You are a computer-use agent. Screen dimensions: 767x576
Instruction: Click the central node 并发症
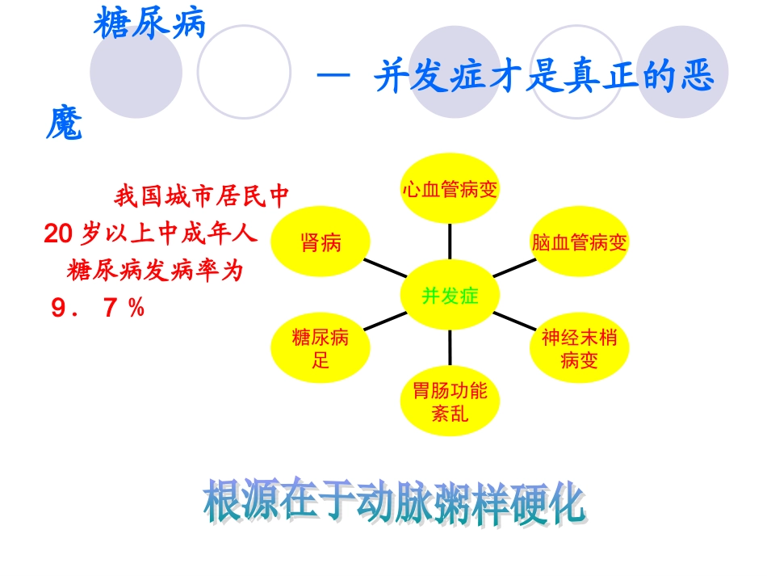[x=450, y=296]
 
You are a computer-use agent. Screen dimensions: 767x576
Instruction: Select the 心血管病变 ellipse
[x=450, y=189]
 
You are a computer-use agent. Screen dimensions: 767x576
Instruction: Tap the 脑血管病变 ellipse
[x=579, y=242]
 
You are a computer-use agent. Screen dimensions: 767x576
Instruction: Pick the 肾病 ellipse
[x=321, y=242]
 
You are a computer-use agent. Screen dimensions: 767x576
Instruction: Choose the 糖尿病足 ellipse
[x=321, y=348]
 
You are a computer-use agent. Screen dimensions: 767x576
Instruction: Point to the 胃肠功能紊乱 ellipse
[x=450, y=402]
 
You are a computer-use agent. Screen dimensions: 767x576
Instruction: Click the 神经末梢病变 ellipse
[x=579, y=348]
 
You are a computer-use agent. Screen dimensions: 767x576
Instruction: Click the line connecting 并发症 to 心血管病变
[x=450, y=242]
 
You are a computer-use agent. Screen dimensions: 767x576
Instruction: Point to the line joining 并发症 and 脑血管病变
[x=514, y=269]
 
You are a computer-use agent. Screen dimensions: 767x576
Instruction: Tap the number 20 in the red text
[x=58, y=234]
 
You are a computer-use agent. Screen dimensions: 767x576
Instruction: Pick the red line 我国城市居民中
[x=201, y=196]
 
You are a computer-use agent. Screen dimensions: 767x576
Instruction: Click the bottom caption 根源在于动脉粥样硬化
[x=393, y=502]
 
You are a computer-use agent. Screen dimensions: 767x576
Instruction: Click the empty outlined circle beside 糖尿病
[x=244, y=72]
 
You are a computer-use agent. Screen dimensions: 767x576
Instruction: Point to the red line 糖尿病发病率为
[x=155, y=271]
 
